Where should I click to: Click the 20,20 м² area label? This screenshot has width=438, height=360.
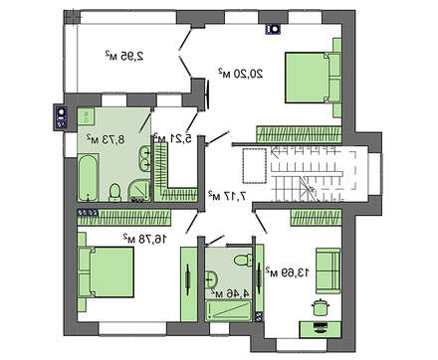point(241,73)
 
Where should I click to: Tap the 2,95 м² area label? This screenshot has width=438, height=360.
point(124,56)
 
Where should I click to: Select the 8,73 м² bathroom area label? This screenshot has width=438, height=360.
point(106,139)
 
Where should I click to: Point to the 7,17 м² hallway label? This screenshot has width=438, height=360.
point(228,196)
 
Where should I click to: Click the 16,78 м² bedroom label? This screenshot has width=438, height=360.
point(144,238)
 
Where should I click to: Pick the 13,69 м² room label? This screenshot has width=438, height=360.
point(288,272)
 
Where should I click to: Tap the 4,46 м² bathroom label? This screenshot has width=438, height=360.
point(231,292)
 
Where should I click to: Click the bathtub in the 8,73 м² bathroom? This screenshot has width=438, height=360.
point(88,177)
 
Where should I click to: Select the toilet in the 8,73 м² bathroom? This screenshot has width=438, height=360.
point(114,193)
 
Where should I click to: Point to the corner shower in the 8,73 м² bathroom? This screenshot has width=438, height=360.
point(139,191)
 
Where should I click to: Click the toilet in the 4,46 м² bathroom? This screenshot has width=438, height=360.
point(243,260)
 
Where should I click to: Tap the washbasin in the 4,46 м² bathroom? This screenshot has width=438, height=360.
point(211,278)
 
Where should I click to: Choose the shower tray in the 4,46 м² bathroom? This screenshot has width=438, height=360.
point(228,311)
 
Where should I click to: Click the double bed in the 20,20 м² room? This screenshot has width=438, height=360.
point(313,78)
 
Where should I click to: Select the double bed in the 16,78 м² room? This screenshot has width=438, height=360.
point(107,272)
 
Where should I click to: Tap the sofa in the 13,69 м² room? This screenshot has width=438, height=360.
point(328,270)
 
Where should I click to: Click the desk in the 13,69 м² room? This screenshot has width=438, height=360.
point(321,329)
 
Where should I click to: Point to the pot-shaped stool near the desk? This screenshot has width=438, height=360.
point(320,307)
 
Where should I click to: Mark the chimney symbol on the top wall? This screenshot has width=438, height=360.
point(274,29)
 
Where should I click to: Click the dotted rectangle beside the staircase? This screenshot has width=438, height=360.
point(255,166)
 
